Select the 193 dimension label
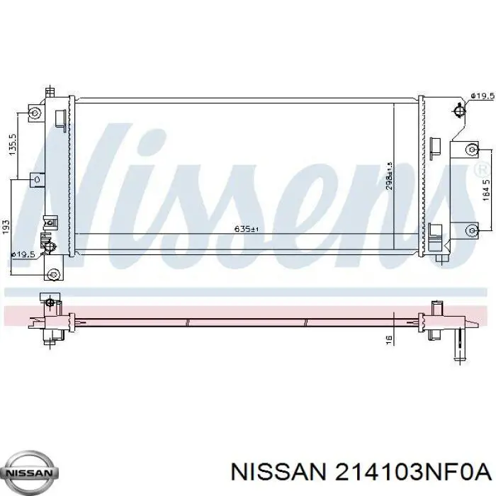coord(6,226)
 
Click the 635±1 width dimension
coord(242,229)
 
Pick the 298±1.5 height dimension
coord(389,176)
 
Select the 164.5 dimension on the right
coord(485,192)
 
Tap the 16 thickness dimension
coord(388,340)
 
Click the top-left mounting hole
coord(34,114)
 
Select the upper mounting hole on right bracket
coord(471,150)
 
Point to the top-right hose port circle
coord(459,110)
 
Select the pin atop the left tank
coord(50,92)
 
